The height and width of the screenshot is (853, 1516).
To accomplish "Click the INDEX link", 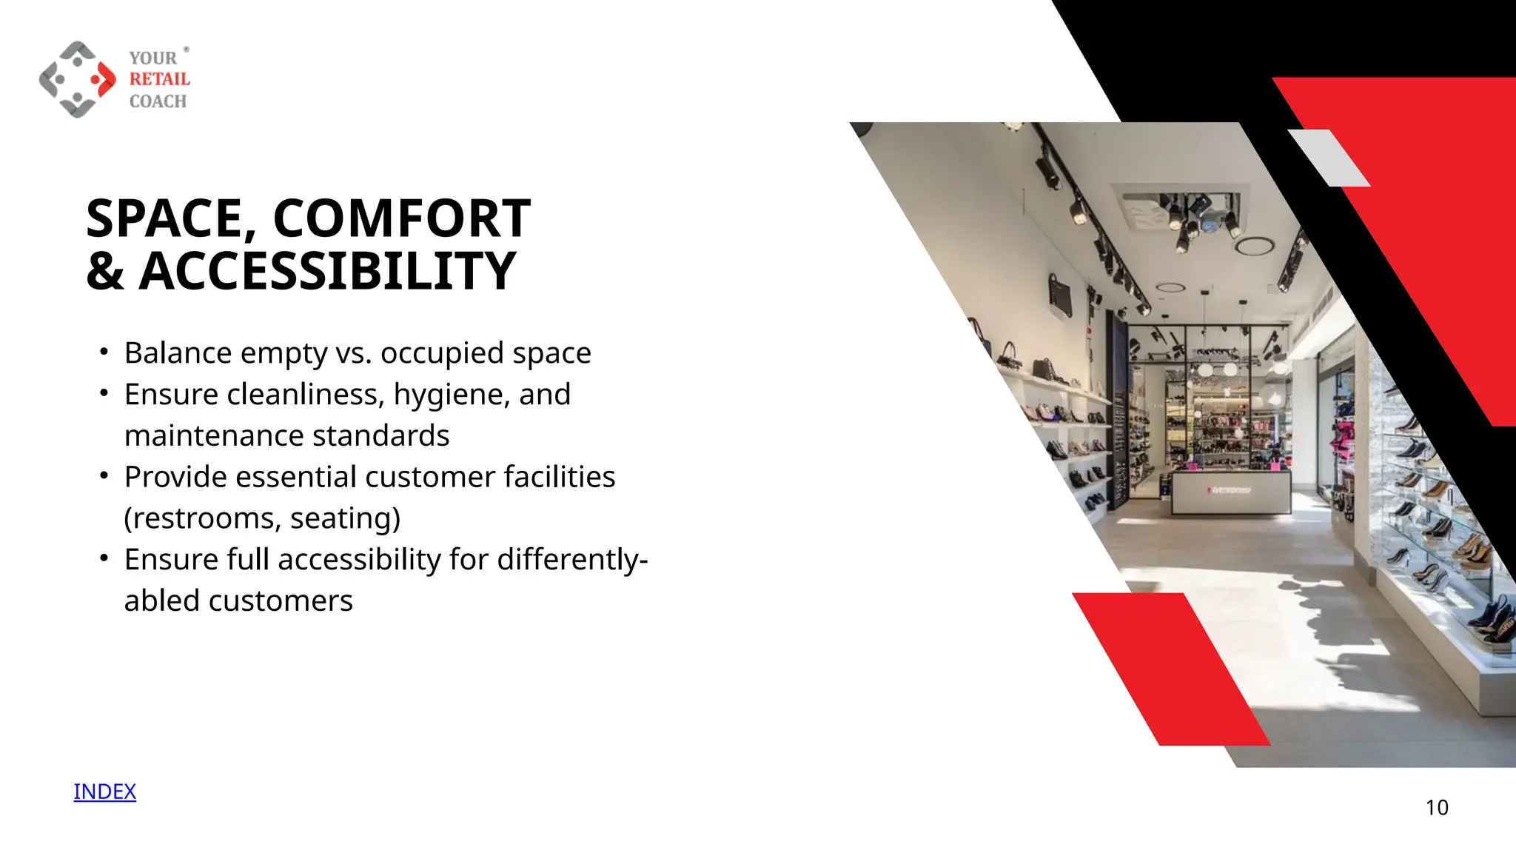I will click(x=104, y=792).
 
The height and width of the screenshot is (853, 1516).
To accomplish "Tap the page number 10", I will click(x=1436, y=807).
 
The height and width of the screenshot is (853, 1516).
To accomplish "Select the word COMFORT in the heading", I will click(x=401, y=219).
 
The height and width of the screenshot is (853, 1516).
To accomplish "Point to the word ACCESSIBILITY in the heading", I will click(x=327, y=272).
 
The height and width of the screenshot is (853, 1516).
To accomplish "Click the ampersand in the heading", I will click(x=105, y=272).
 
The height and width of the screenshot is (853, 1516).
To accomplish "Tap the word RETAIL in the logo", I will click(x=159, y=79).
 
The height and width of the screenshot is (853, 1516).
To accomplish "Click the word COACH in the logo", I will click(x=158, y=101).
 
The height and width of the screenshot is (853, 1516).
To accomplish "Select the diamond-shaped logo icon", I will click(x=77, y=79).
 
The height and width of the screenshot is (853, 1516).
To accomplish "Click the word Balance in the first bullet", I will click(x=178, y=353).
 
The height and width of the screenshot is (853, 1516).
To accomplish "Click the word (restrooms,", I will click(x=202, y=518).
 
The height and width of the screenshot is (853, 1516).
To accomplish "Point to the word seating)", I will click(x=345, y=518).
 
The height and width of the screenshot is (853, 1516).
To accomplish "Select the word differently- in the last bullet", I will click(x=572, y=560).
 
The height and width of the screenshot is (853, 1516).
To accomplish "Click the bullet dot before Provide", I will click(x=104, y=475).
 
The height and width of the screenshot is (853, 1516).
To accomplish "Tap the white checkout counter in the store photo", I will click(x=1230, y=492).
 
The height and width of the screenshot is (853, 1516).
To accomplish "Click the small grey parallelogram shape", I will click(x=1329, y=158).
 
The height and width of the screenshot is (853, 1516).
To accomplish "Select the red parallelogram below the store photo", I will click(x=1171, y=668).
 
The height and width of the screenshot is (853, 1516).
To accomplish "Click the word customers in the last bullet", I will click(x=281, y=601).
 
